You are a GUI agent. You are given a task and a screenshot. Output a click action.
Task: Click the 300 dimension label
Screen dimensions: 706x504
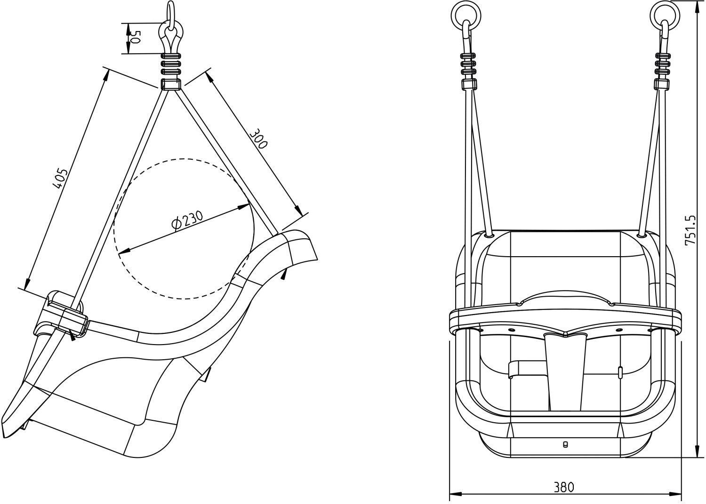coord(258,139)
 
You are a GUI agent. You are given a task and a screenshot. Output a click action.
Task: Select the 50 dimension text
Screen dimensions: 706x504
coord(135,37)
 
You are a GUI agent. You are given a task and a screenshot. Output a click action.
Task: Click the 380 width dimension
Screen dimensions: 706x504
coord(564,488)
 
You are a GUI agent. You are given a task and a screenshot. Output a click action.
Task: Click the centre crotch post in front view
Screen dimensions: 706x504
coord(565,372)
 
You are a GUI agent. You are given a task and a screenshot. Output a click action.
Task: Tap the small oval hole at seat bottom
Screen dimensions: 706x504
coord(565,445)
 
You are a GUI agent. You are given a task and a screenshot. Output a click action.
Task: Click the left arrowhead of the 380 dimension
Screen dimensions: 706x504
coord(456,494)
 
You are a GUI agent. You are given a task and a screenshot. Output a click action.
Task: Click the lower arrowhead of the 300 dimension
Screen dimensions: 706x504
coord(297,209)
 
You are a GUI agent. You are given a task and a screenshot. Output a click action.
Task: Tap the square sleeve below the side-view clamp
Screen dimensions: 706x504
coord(171,85)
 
